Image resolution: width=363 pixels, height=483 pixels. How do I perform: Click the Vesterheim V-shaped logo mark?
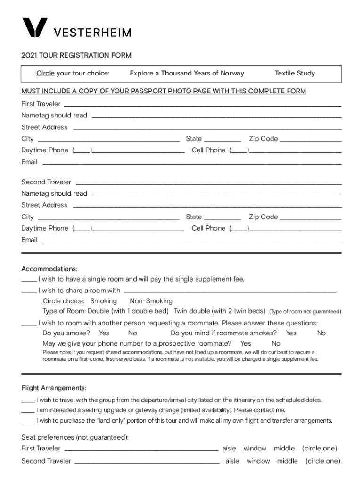click(x=34, y=28)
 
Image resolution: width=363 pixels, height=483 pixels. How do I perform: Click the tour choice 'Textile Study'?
click(x=295, y=73)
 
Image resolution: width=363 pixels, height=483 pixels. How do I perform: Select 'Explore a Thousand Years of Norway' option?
click(x=187, y=73)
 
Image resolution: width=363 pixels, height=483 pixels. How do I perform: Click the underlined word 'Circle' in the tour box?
click(x=46, y=73)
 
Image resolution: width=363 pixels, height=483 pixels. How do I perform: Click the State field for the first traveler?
click(x=223, y=140)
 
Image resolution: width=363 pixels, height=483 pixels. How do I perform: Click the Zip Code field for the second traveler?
click(x=311, y=218)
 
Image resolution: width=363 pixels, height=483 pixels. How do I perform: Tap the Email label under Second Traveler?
click(x=29, y=240)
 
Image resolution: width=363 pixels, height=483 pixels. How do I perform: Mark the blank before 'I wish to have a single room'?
click(x=28, y=280)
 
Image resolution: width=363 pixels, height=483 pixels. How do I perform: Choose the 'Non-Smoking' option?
click(x=151, y=301)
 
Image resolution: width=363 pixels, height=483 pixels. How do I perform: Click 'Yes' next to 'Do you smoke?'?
click(x=104, y=333)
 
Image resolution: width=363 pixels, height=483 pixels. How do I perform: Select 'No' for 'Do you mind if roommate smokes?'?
click(x=321, y=333)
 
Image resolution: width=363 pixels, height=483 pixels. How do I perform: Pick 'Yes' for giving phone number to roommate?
click(x=246, y=343)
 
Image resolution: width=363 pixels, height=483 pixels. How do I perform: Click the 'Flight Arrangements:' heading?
click(x=54, y=388)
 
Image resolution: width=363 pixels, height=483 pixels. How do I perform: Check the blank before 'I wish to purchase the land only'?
click(x=28, y=421)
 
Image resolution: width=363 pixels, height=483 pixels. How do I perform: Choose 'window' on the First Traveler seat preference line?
click(x=255, y=448)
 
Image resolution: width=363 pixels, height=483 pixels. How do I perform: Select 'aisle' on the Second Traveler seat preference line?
click(x=232, y=461)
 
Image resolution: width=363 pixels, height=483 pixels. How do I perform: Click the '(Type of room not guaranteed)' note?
click(x=305, y=312)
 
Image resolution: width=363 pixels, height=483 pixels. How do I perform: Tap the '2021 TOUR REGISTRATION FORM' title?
click(x=76, y=55)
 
